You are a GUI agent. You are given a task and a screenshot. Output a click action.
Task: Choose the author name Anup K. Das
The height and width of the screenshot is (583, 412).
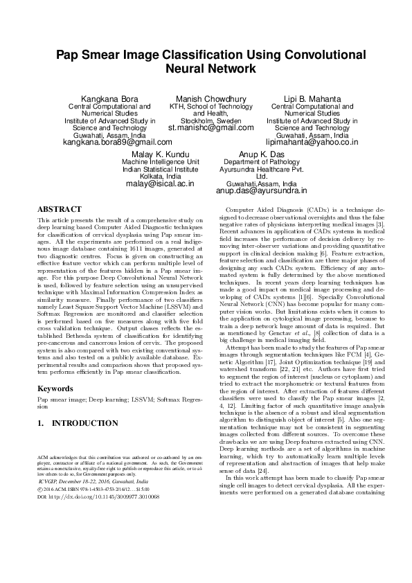tap(260, 152)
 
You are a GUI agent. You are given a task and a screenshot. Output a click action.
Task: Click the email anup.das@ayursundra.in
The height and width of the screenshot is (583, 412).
tap(260, 190)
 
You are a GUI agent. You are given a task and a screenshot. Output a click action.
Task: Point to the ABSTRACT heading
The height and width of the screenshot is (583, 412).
tap(58, 208)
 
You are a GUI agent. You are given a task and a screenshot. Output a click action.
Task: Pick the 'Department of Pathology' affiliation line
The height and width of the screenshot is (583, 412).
tap(260, 161)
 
